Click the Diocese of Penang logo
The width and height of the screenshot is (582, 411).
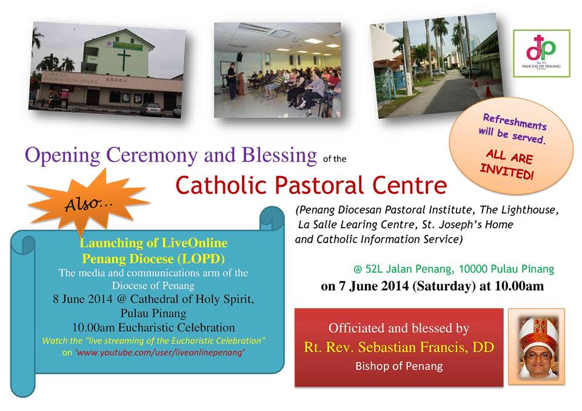[x=541, y=53]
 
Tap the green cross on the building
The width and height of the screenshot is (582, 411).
[x=124, y=59]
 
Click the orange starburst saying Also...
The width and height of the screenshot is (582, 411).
[x=88, y=202]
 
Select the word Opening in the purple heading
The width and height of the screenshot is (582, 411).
[x=62, y=155]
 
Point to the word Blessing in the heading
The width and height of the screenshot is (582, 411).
[x=279, y=155]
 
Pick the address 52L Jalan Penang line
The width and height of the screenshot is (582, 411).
[x=454, y=269]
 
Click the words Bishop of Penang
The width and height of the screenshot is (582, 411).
[x=399, y=366]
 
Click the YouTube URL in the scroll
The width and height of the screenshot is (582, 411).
[x=159, y=352]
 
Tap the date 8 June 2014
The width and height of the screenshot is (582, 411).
[x=82, y=299]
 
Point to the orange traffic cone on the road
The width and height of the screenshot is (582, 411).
[x=489, y=90]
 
